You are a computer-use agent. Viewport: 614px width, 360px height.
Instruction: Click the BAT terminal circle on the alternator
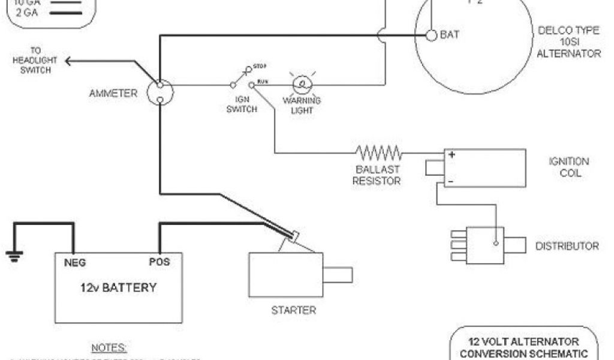click(x=431, y=35)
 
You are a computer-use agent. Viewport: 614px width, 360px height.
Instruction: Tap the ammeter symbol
click(x=161, y=92)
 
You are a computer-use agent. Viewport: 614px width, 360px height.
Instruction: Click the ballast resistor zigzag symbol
click(x=378, y=152)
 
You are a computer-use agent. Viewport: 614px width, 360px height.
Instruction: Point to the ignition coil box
click(x=484, y=167)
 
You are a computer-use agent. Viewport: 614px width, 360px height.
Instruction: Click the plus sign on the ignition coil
click(x=452, y=155)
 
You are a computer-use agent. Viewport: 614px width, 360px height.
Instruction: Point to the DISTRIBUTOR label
click(x=567, y=246)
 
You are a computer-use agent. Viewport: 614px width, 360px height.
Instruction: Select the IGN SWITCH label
click(x=242, y=105)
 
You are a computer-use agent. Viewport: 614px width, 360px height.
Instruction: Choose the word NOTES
click(x=109, y=347)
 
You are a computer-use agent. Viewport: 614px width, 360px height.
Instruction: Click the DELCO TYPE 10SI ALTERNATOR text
click(x=568, y=43)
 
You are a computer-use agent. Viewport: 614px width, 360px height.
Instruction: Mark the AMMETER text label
click(x=113, y=93)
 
